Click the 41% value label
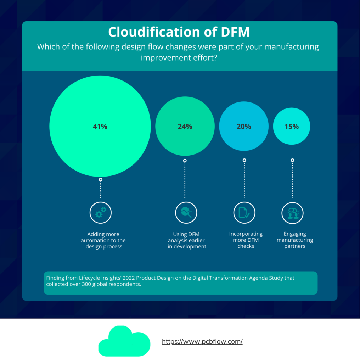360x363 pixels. point(100,127)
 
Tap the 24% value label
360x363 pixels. point(185,127)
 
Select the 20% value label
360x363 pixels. point(244,127)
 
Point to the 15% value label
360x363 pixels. point(292,127)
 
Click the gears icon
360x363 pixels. point(101,213)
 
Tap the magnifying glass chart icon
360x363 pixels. point(186,213)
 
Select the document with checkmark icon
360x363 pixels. point(244,213)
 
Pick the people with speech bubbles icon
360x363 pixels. point(293,213)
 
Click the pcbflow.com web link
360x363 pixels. point(202,341)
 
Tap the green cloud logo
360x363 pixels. point(124,341)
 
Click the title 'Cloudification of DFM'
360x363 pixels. point(179,32)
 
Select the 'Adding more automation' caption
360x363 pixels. point(103,240)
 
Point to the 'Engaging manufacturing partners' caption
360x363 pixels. point(295,240)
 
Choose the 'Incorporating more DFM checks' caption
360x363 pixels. point(246,240)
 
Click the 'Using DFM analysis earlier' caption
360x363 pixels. point(187,240)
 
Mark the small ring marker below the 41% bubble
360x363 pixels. point(101,180)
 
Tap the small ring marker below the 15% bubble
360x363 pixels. point(292,160)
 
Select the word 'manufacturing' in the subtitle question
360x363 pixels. point(292,47)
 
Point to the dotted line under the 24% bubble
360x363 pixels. point(185,180)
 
